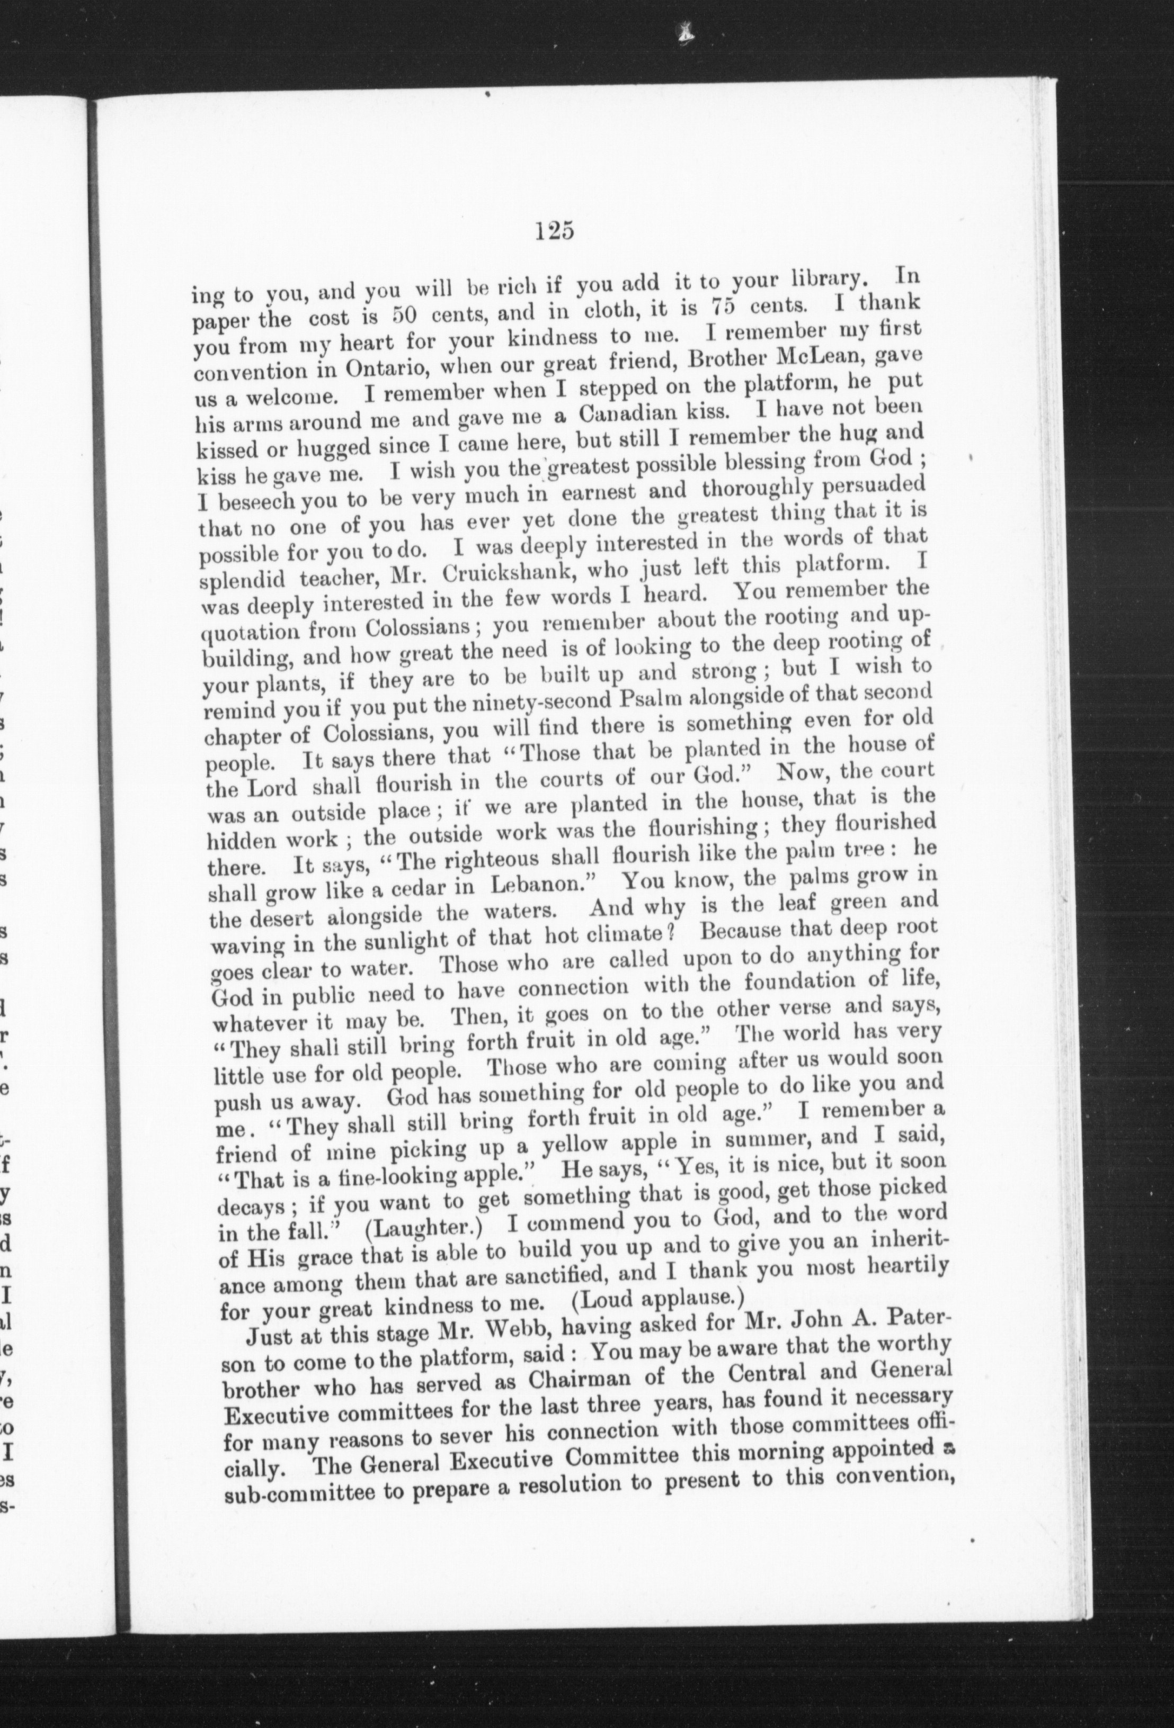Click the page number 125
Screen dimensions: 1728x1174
tap(554, 231)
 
